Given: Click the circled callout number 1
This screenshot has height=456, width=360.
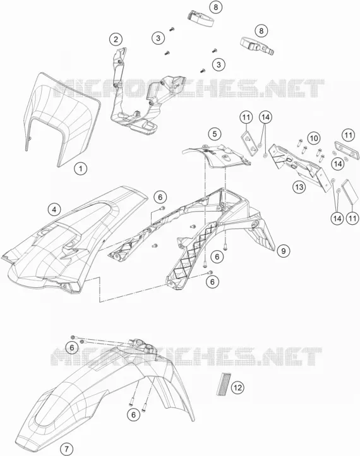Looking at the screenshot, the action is [x=81, y=169].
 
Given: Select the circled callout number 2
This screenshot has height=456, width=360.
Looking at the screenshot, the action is [x=116, y=39].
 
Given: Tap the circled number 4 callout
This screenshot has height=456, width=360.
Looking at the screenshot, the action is [x=54, y=210].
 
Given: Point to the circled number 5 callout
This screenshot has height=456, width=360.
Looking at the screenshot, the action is [x=215, y=134].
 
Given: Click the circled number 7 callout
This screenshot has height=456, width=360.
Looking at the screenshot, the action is [x=66, y=449].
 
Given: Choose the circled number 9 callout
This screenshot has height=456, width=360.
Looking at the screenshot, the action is [x=284, y=250].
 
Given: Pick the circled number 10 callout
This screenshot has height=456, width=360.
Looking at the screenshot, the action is [x=314, y=138].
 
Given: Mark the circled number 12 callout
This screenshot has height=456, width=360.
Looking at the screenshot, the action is [x=237, y=387].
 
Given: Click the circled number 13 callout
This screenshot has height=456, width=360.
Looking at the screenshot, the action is [x=299, y=187].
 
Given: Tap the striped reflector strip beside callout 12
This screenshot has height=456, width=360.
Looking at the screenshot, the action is [x=222, y=384].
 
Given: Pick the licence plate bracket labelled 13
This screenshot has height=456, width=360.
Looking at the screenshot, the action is [x=299, y=165].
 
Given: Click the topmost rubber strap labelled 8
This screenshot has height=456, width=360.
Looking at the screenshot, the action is [x=200, y=18].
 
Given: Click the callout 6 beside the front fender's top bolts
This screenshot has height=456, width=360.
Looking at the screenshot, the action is [x=72, y=347].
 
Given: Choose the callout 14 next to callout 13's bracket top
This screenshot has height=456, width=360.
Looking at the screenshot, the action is [x=265, y=117].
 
